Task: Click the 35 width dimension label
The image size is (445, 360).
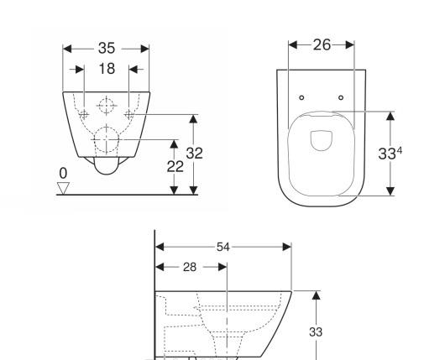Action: coord(106,48)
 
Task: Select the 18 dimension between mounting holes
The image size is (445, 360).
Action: coord(106,69)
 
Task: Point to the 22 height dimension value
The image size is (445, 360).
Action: coord(174,166)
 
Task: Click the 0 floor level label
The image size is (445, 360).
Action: coord(62,173)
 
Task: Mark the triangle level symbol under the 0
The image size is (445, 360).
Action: coord(63,187)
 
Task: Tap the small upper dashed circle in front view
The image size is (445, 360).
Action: coord(106,107)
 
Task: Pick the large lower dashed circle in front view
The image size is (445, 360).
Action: coord(106,138)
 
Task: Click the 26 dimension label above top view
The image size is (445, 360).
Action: coord(322,45)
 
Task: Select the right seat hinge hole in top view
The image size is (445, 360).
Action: coord(340,98)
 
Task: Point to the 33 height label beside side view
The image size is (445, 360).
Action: coord(317,331)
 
